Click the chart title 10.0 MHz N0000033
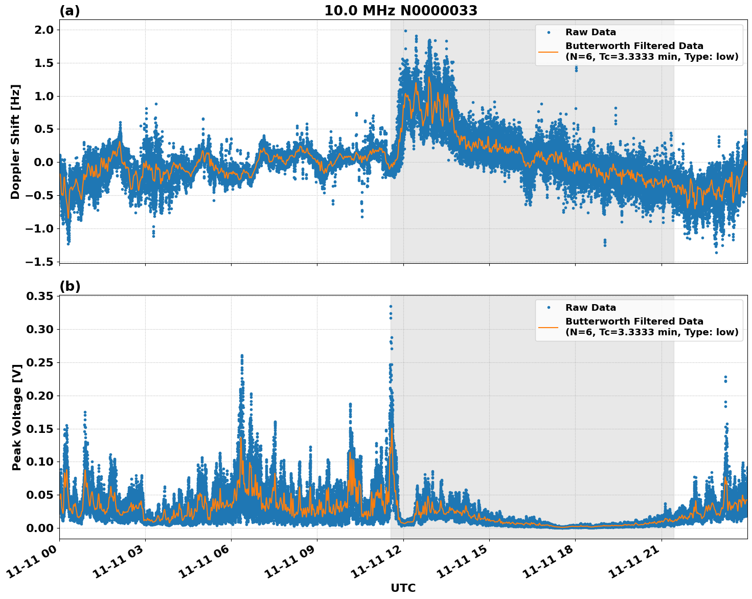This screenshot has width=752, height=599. (401, 11)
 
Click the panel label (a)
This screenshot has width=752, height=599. (70, 11)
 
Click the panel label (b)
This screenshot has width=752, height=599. (70, 286)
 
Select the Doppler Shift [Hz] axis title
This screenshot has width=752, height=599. (15, 142)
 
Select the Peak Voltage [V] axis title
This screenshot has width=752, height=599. (17, 417)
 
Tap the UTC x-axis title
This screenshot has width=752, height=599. (403, 588)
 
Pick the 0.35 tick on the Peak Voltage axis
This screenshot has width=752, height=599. (40, 296)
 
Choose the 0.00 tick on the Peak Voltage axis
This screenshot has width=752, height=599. (40, 528)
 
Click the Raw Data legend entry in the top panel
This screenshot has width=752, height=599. (590, 32)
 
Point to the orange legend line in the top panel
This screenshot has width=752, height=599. (548, 52)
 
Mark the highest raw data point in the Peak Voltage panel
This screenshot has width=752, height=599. (391, 307)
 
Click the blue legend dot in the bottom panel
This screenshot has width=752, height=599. (548, 308)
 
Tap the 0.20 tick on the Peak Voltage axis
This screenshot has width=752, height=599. (40, 396)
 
